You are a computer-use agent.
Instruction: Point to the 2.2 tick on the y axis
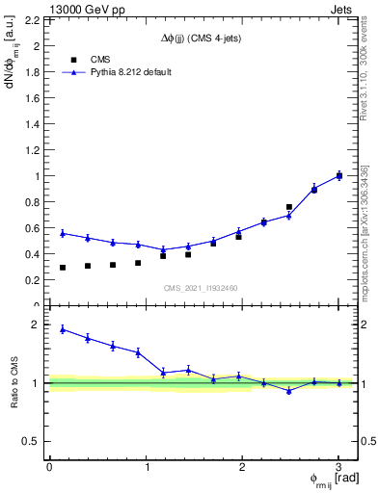click(x=35, y=20)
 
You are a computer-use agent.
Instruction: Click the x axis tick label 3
click(x=338, y=466)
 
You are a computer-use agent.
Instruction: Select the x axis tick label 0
click(x=49, y=466)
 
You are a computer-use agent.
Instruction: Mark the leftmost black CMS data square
click(x=63, y=268)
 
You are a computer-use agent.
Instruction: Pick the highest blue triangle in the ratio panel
click(x=63, y=329)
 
